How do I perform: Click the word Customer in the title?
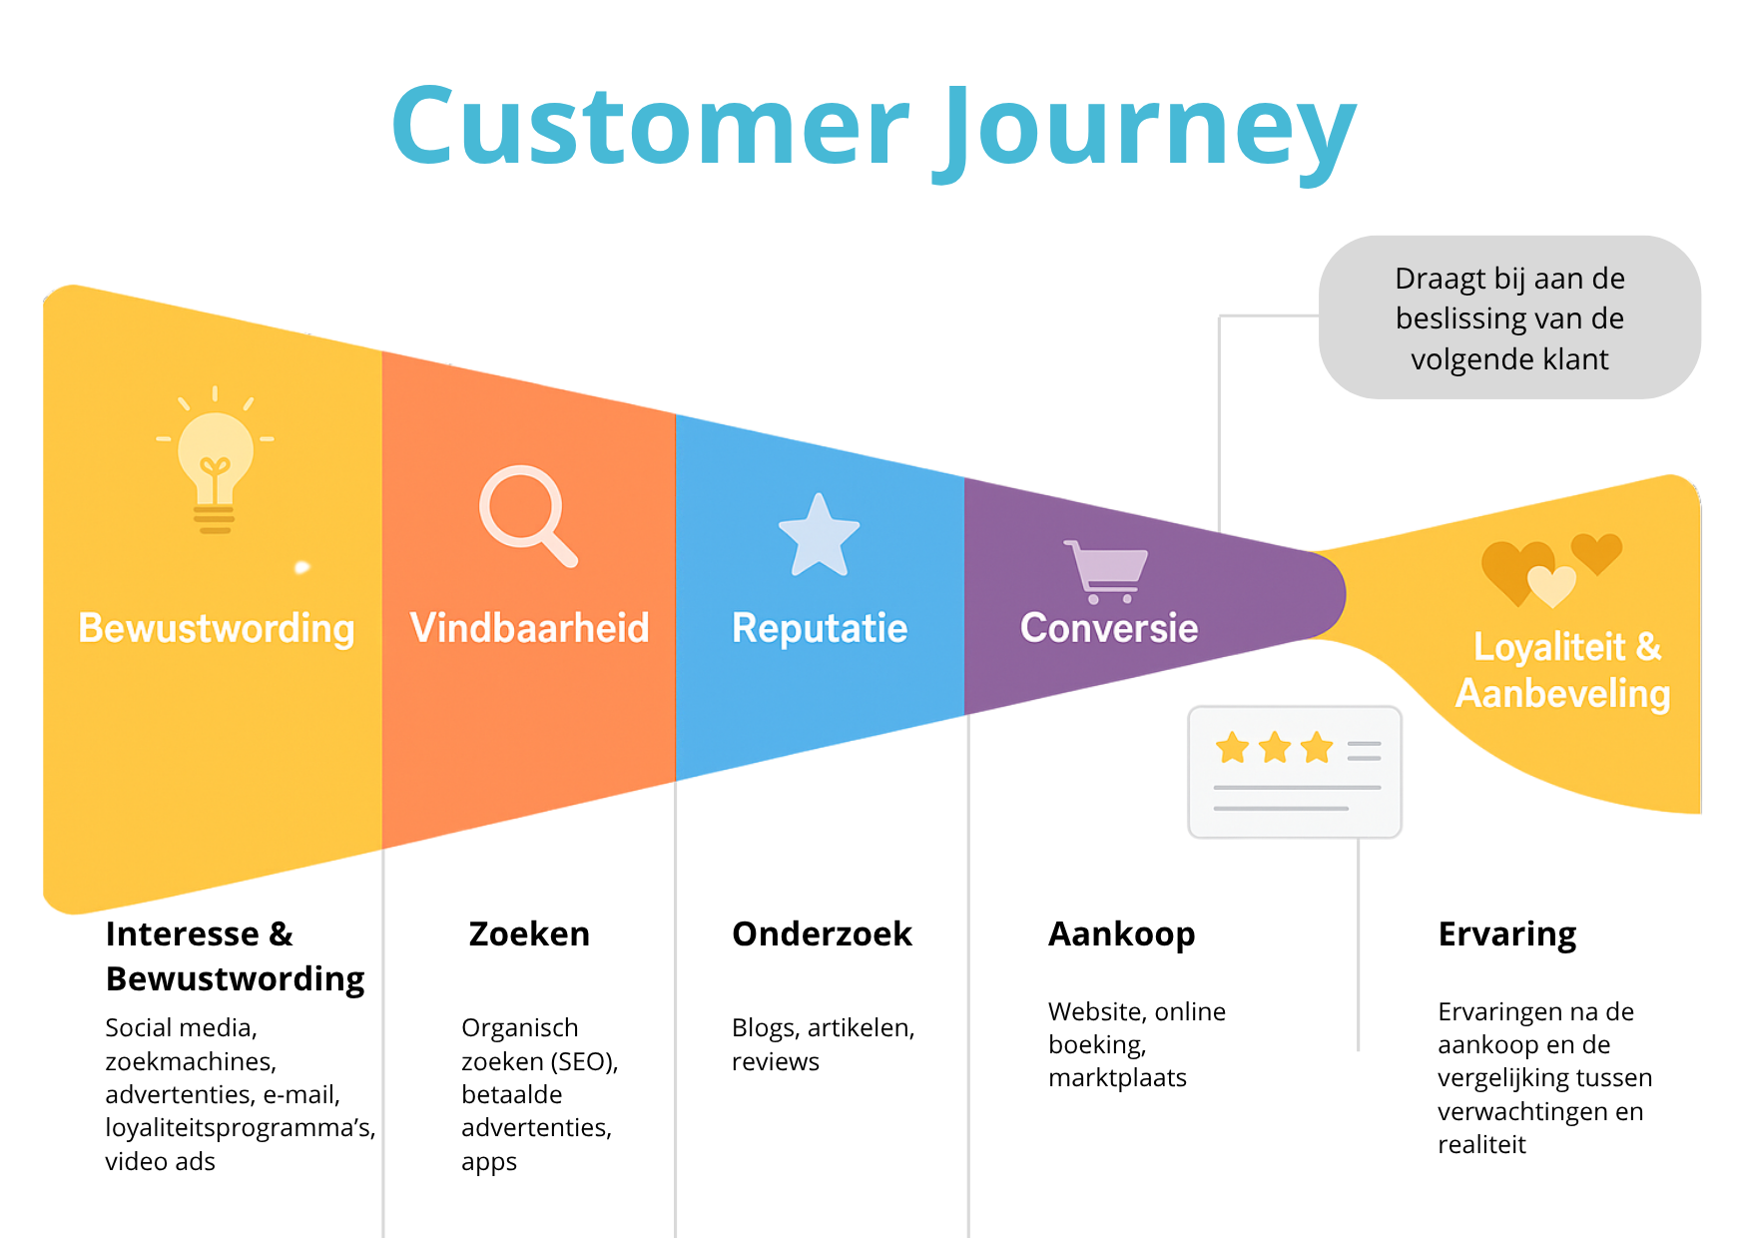[650, 127]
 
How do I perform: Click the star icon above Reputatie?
[819, 537]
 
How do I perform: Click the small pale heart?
[1551, 585]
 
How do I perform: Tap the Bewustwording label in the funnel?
[217, 629]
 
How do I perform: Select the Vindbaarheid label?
[529, 629]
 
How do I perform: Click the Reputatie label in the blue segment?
[820, 629]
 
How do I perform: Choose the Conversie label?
[1108, 629]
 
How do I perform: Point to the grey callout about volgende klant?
[1509, 317]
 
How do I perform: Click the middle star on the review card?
[1275, 747]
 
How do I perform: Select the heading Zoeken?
[529, 934]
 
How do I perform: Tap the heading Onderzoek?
[822, 934]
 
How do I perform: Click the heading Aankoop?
[1121, 934]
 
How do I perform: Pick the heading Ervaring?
[1506, 934]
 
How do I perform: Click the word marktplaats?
[1117, 1078]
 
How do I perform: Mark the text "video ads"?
[160, 1162]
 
